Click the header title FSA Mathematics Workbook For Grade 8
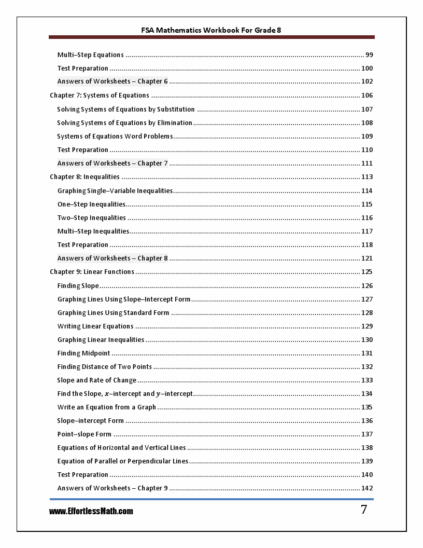point(211,30)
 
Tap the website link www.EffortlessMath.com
point(91,511)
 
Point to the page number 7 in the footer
point(364,510)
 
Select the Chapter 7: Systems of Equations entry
point(100,95)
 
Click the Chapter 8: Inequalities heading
point(84,177)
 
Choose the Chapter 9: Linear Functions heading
point(92,272)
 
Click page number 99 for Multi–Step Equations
point(369,55)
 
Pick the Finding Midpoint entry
point(84,353)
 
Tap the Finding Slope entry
point(78,286)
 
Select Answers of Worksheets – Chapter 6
point(112,81)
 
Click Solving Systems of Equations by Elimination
point(124,123)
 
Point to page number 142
point(367,488)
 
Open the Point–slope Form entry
point(84,434)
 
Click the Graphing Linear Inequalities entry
point(101,340)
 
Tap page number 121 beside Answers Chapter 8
point(367,258)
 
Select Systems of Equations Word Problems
point(115,136)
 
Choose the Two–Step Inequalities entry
point(92,218)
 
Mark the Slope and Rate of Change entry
point(97,380)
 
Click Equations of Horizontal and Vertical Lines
point(121,448)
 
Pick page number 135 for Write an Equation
point(367,407)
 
